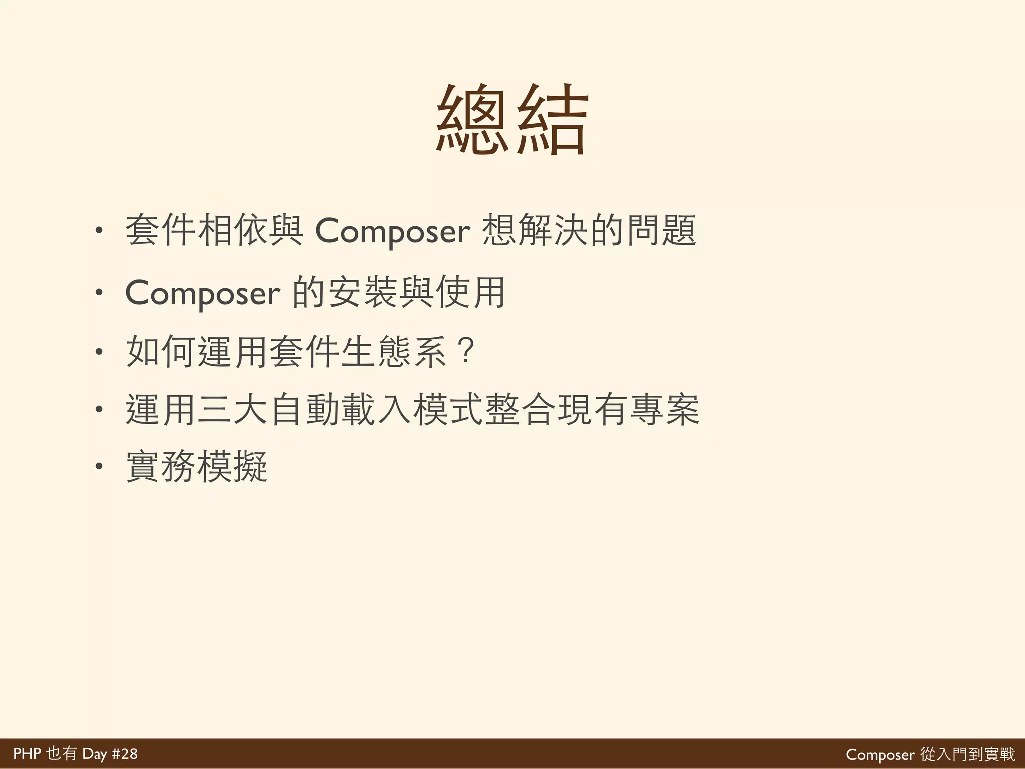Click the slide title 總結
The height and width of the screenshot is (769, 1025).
pos(511,120)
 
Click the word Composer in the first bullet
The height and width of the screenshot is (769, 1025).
pos(392,231)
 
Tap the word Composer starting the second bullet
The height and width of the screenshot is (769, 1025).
pos(202,293)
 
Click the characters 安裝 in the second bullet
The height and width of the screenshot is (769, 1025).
pos(364,292)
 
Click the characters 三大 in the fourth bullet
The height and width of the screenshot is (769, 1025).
pos(233,410)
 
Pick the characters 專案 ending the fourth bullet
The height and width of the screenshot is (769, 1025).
pos(664,410)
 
